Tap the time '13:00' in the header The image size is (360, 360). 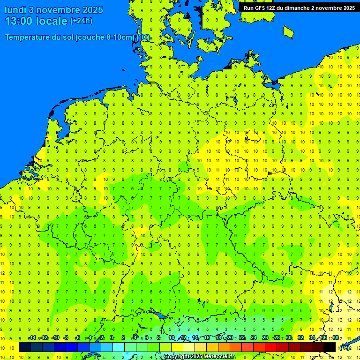point(19,21)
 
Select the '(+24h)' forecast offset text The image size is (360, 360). point(81,21)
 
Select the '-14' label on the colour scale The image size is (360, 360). point(32,338)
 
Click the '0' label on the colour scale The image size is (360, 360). point(112,338)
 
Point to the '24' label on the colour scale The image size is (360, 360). point(254,338)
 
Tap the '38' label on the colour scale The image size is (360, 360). point(336,338)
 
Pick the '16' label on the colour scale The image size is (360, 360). point(207,338)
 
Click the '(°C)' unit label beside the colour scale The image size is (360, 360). point(345,348)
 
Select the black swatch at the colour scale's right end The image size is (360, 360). point(330,347)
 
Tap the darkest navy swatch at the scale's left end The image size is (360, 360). point(25,347)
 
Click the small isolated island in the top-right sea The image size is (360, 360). point(288,31)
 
